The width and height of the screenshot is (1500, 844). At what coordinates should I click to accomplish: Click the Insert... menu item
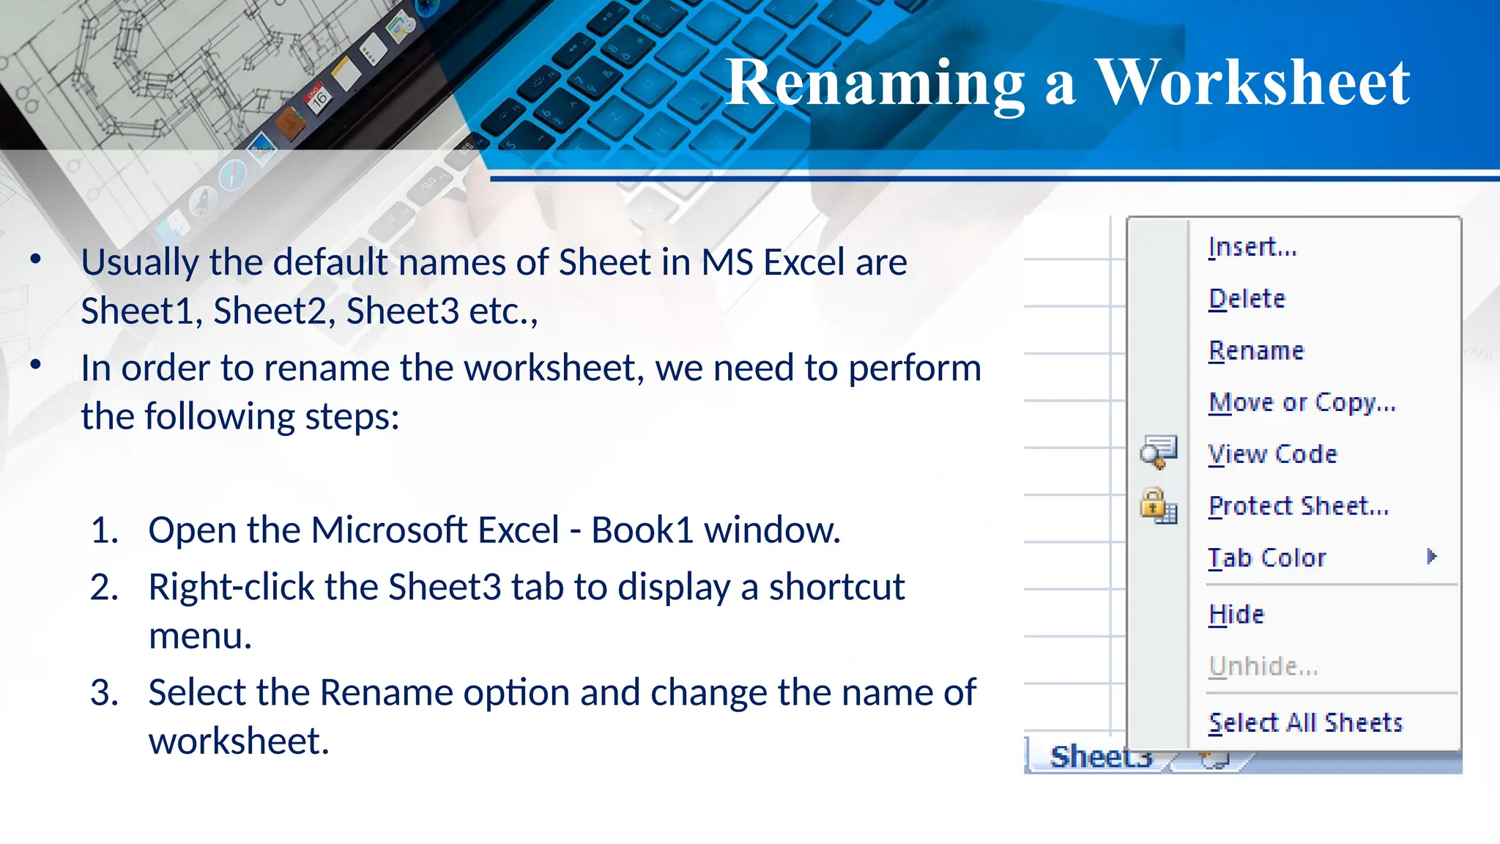[x=1252, y=247]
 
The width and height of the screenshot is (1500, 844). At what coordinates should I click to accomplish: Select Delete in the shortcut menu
[x=1247, y=299]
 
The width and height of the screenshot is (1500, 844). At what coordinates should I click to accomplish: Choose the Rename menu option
[x=1257, y=351]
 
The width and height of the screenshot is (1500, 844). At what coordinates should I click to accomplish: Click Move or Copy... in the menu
[x=1302, y=402]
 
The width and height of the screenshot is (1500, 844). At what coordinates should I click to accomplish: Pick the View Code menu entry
[x=1273, y=454]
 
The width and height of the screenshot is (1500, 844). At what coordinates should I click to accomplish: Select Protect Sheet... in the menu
[x=1299, y=506]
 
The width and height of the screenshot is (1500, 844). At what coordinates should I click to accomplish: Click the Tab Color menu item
[x=1267, y=558]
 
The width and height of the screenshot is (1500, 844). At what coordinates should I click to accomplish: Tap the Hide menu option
[x=1236, y=614]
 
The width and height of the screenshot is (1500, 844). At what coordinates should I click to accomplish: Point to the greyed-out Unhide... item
[x=1263, y=666]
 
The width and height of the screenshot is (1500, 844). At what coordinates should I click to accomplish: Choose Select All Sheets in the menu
[x=1305, y=723]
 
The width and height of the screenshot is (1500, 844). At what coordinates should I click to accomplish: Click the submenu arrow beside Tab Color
[x=1432, y=557]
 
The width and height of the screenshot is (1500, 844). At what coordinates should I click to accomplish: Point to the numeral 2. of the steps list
[x=104, y=588]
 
